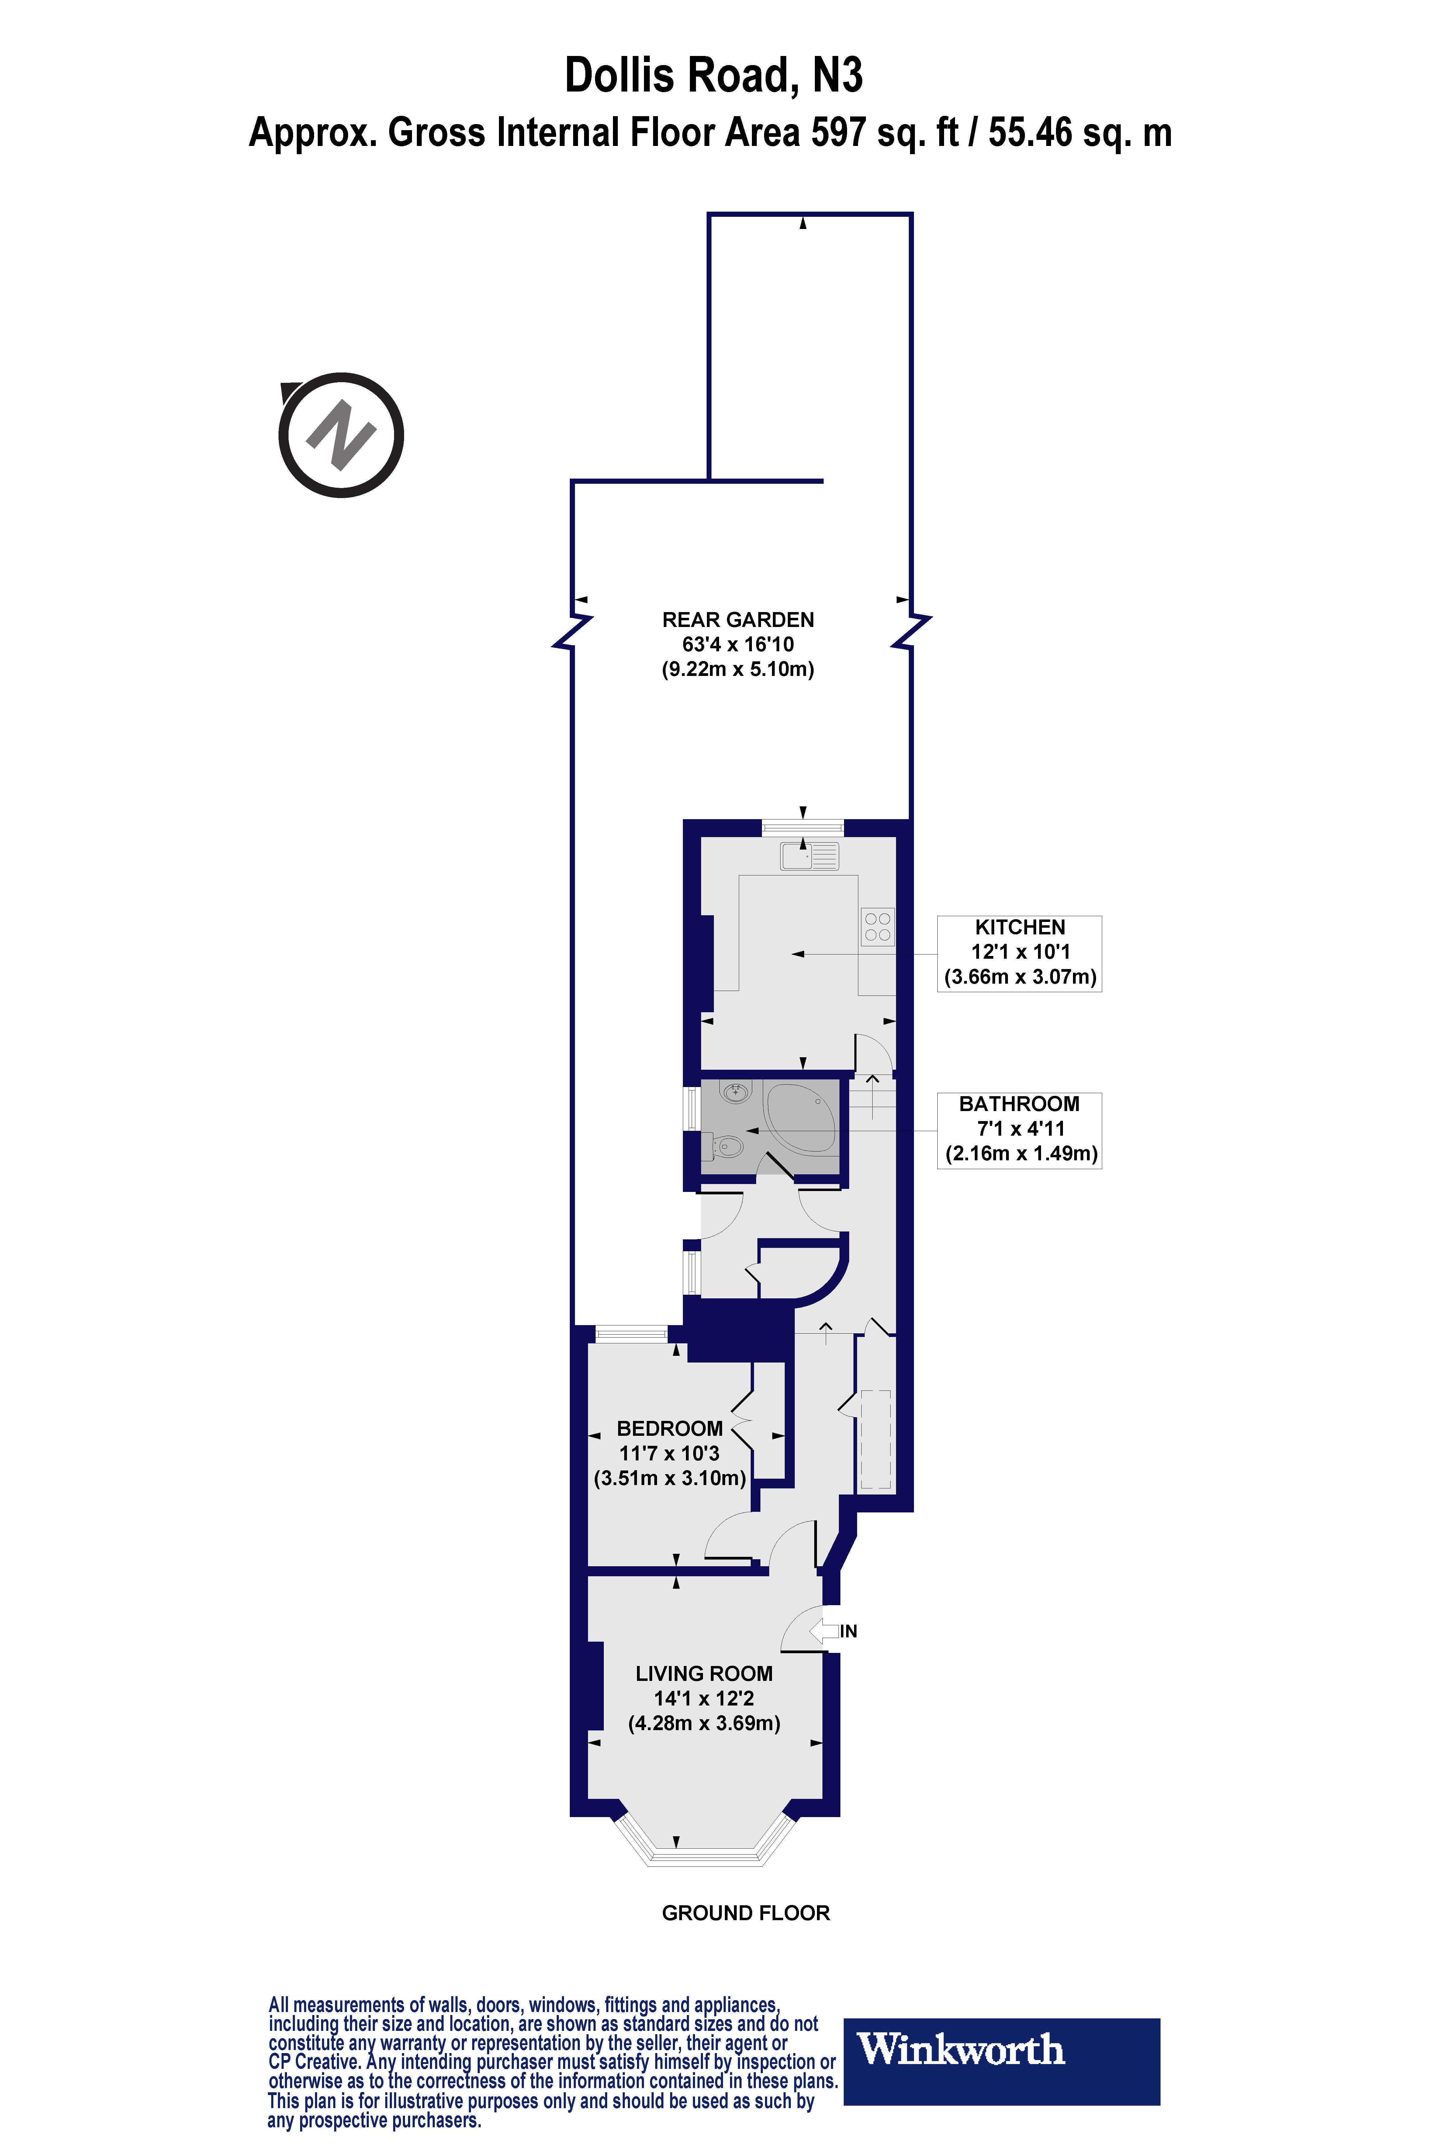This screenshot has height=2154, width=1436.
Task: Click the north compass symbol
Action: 341,435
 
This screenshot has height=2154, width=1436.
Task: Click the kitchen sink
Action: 810,856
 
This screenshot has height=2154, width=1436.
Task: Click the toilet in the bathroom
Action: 725,1146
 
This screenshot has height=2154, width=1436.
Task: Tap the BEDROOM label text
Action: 670,1429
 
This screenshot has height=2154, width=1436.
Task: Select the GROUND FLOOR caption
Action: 746,1913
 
